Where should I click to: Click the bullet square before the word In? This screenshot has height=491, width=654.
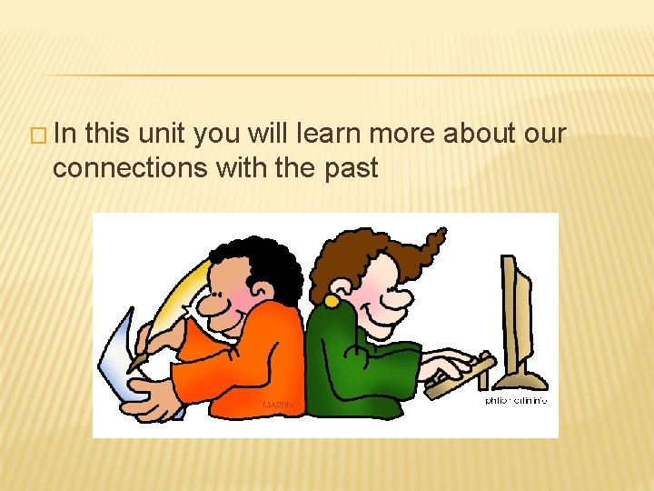tap(39, 136)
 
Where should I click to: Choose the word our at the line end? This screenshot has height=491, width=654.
tap(546, 134)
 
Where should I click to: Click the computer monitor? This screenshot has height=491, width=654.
tap(518, 314)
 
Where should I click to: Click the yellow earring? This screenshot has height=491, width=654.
tap(332, 300)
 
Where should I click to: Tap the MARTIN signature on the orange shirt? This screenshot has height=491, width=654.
tap(277, 404)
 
